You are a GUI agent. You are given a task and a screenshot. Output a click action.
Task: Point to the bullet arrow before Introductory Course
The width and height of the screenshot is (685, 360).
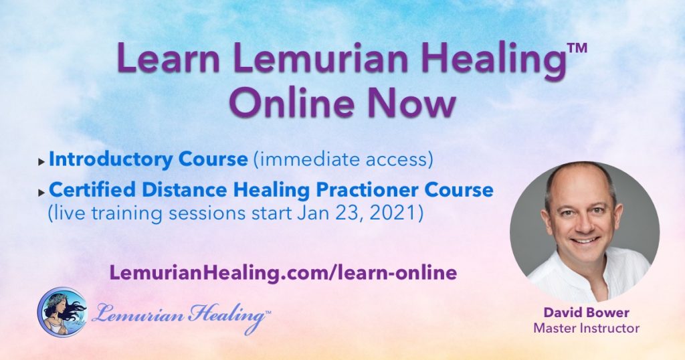[x=41, y=162]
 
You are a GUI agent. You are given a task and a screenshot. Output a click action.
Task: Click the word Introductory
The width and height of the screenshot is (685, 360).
[x=110, y=159]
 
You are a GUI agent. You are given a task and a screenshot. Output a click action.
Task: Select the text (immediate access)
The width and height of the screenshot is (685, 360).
[x=343, y=159]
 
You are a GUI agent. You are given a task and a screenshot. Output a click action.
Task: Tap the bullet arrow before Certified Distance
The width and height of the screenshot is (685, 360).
[x=41, y=192]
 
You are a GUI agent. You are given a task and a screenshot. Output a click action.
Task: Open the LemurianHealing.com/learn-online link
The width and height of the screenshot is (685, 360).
[x=283, y=272]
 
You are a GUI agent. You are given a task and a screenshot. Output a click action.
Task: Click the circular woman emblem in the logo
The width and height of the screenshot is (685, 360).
[x=62, y=312]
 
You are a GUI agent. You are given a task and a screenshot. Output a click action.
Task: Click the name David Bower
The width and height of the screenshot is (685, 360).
[x=586, y=312]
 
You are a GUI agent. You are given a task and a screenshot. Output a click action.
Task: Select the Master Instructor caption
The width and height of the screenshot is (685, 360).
[x=586, y=328]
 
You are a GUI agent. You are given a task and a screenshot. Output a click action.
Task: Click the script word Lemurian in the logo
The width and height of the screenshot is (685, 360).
[x=138, y=314]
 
